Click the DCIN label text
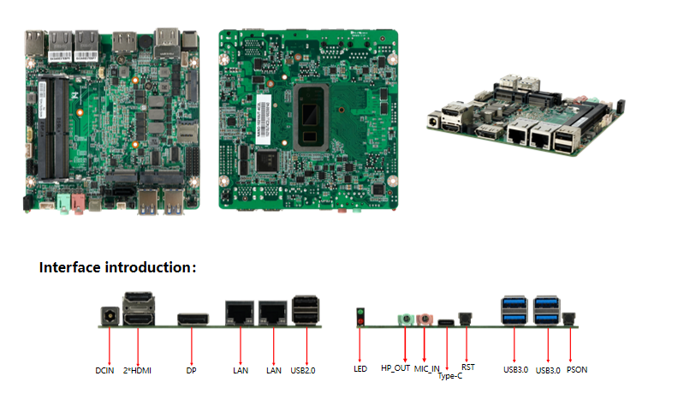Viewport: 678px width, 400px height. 104,371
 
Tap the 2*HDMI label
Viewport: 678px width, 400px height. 137,371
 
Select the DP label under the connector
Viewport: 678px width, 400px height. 191,371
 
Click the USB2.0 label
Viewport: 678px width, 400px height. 304,371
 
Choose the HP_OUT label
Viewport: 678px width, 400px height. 395,369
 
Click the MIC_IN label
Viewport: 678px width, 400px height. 427,369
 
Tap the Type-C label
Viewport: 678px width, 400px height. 450,376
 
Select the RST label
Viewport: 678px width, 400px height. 468,367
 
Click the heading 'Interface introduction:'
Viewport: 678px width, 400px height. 118,267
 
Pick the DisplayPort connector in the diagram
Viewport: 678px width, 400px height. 193,319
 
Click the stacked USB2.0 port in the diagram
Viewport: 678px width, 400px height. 306,310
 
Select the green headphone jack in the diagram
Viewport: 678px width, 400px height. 406,319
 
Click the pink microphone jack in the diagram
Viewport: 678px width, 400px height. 425,319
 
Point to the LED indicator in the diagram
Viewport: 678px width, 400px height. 360,316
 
